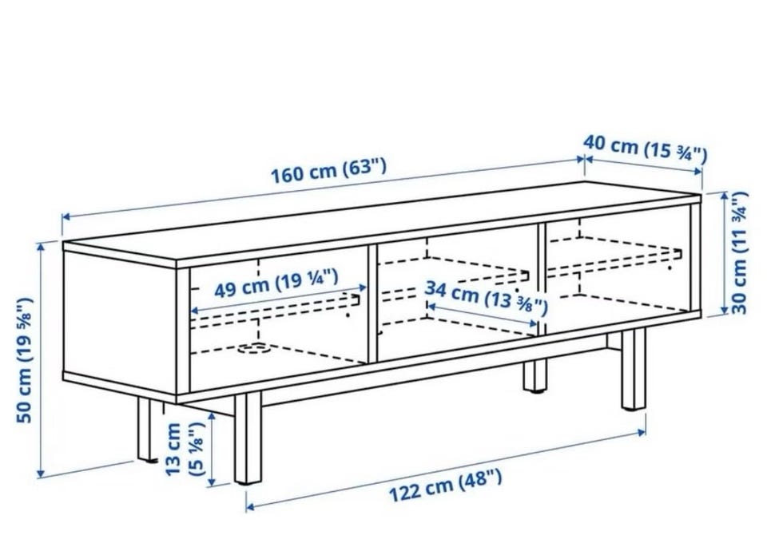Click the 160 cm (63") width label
(328, 171)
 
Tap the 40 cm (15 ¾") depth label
(646, 149)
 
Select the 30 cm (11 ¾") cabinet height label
(739, 252)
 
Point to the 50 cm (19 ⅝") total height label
(25, 359)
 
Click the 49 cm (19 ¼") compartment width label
(276, 283)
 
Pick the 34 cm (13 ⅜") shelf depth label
(486, 297)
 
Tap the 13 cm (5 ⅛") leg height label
(184, 449)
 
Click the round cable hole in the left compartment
(253, 349)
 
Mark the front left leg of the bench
(248, 438)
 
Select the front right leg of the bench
(634, 369)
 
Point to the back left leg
(145, 429)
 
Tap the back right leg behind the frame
(535, 375)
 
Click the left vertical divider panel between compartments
(372, 303)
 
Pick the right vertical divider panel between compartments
(542, 279)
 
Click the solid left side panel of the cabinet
(120, 323)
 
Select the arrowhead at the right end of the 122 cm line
(641, 432)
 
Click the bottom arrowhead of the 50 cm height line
(41, 474)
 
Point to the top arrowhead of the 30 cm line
(725, 197)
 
